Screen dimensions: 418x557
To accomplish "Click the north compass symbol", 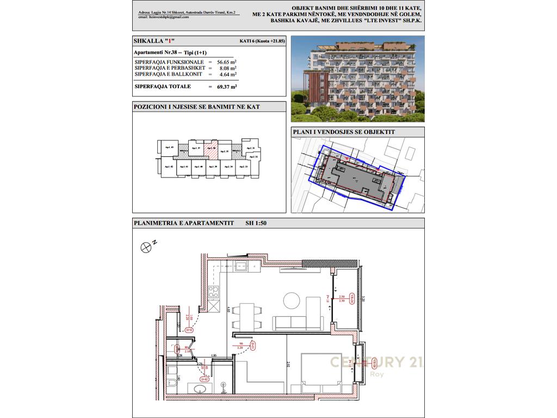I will click(x=146, y=247).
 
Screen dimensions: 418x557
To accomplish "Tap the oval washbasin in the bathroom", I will click(x=197, y=389).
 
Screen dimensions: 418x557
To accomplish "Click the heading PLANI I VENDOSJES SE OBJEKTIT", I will click(x=343, y=132).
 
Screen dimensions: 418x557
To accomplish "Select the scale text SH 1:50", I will click(x=256, y=223).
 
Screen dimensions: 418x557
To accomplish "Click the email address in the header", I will click(x=163, y=17).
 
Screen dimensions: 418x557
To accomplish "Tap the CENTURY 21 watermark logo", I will click(x=375, y=363).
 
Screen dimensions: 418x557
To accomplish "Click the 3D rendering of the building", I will click(x=356, y=79).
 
